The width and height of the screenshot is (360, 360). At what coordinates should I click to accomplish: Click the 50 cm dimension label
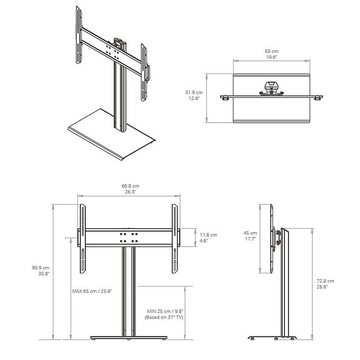click(271, 51)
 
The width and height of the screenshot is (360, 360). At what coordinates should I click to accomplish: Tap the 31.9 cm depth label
click(194, 92)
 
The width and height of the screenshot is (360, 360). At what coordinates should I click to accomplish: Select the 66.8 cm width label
click(130, 186)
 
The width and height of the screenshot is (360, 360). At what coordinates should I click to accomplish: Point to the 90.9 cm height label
click(41, 268)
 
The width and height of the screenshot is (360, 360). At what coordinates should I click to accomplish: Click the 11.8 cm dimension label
click(208, 235)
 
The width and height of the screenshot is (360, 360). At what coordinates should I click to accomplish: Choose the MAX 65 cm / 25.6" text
click(92, 291)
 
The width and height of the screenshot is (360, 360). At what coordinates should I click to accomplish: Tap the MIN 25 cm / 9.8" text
click(165, 311)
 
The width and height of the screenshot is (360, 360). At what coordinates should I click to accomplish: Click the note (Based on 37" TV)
click(164, 317)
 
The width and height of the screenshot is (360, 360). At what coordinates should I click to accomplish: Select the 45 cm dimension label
click(250, 233)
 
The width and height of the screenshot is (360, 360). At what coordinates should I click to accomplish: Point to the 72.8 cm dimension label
click(325, 281)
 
